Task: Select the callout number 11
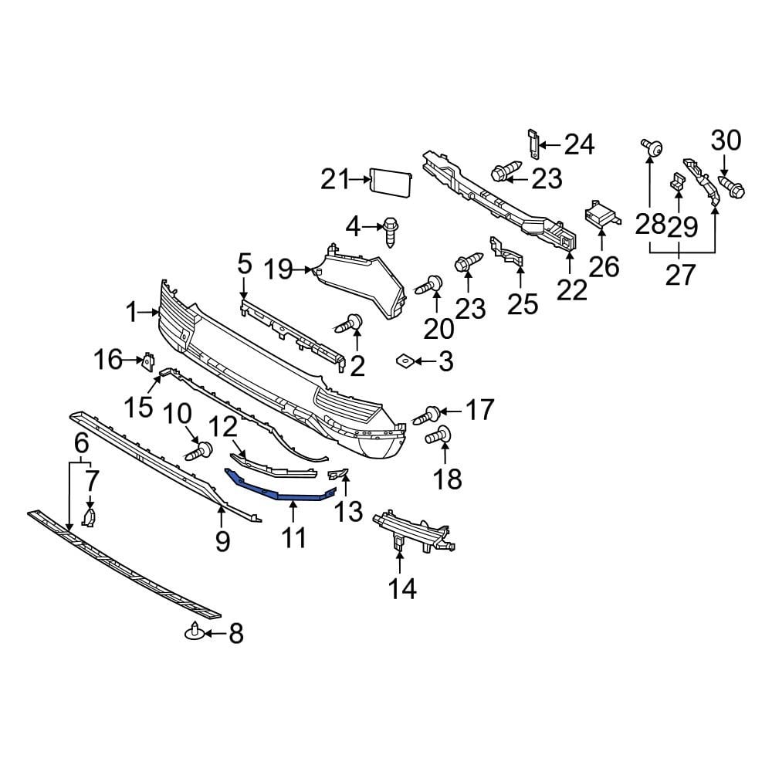(x=293, y=538)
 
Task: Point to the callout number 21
(x=335, y=180)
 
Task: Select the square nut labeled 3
(x=402, y=360)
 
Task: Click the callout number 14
(x=402, y=588)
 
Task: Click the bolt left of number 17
(x=427, y=415)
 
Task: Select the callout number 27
(x=680, y=274)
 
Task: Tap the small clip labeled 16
(x=148, y=361)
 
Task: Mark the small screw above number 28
(x=651, y=147)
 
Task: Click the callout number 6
(x=80, y=443)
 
